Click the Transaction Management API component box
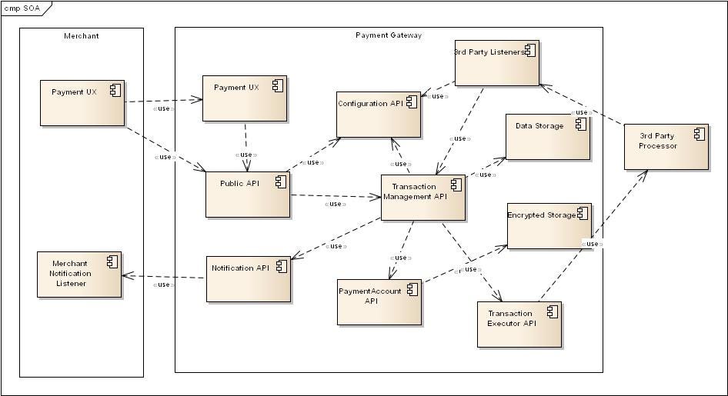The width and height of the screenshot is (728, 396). (422, 198)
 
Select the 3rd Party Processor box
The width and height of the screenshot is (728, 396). (666, 145)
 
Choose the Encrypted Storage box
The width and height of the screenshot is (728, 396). (549, 226)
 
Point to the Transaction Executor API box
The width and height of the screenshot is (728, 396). (519, 324)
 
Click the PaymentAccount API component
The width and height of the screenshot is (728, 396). (379, 301)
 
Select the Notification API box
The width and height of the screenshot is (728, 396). (248, 278)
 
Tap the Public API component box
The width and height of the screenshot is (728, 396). (248, 194)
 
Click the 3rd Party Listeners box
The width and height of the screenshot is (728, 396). (496, 62)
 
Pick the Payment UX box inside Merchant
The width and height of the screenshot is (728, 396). (82, 102)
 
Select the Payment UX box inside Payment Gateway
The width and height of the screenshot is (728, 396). (244, 98)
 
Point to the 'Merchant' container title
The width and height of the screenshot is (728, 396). (81, 35)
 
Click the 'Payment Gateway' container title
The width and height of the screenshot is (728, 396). (388, 35)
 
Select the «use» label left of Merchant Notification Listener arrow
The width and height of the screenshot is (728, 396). (162, 285)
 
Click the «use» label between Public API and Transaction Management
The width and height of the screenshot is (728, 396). (333, 204)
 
